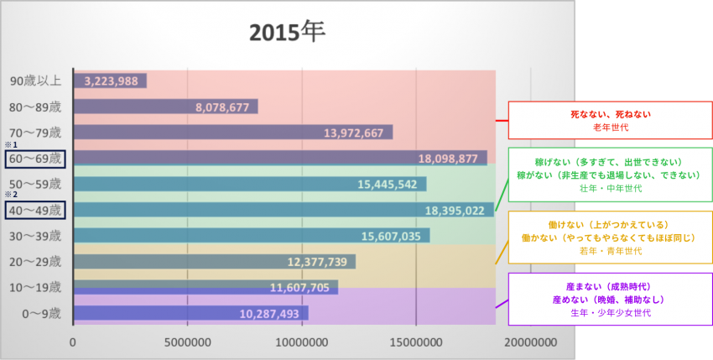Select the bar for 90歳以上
[x=110, y=81]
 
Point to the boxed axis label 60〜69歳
[x=34, y=158]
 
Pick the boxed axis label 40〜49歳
[x=34, y=209]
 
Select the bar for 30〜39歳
[x=252, y=236]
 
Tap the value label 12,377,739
[x=316, y=262]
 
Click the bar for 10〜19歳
[x=206, y=287]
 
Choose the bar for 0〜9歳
[x=190, y=313]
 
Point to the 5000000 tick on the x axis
[x=187, y=343]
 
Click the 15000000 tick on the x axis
[x=416, y=343]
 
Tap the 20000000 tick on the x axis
[x=530, y=343]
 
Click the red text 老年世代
[x=610, y=127]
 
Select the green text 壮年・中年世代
[x=610, y=189]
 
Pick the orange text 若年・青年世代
[x=610, y=251]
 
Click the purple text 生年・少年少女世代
[x=610, y=312]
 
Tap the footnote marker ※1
[x=11, y=144]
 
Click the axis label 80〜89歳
[x=35, y=107]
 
